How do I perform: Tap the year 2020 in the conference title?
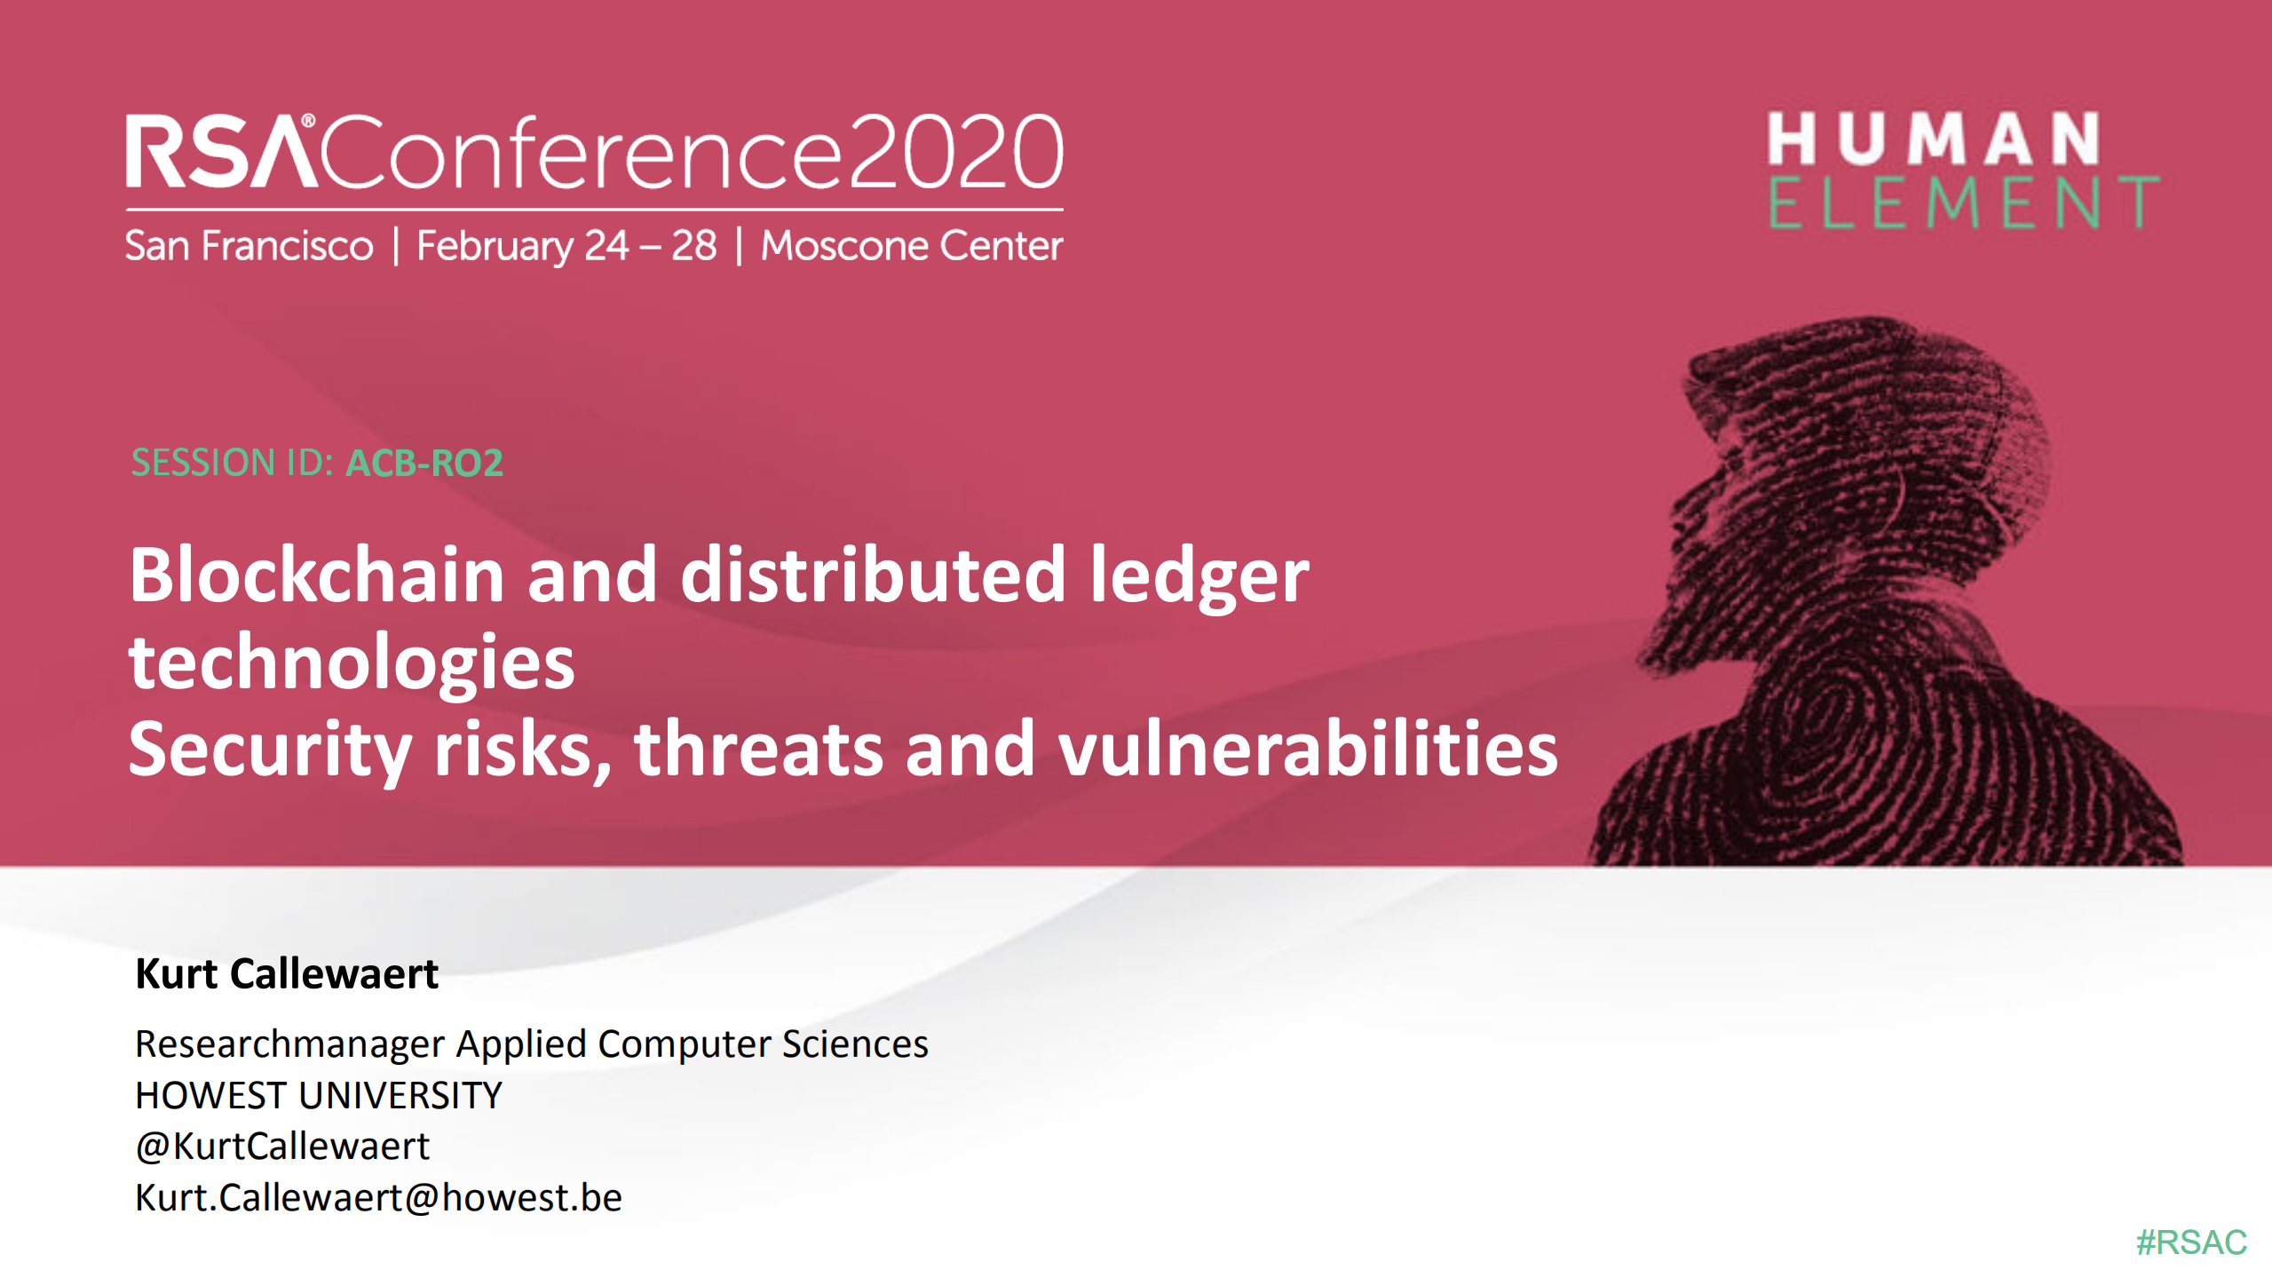click(x=955, y=153)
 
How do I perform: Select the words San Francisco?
click(x=249, y=246)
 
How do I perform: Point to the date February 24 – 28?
click(x=566, y=246)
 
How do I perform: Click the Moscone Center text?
click(x=911, y=246)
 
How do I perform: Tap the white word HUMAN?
click(x=1933, y=139)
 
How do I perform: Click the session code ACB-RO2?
click(x=424, y=463)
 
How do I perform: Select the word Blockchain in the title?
click(x=318, y=575)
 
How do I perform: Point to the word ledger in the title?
click(x=1199, y=575)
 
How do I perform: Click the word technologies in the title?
click(x=352, y=663)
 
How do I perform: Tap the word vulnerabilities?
click(x=1307, y=749)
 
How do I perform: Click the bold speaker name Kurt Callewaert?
click(x=286, y=973)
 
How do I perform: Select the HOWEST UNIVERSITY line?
click(x=318, y=1095)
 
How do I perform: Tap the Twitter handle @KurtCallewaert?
click(x=281, y=1146)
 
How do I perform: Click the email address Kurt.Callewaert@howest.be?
click(x=378, y=1197)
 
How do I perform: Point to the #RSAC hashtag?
click(x=2190, y=1242)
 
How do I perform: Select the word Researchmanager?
click(x=289, y=1044)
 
